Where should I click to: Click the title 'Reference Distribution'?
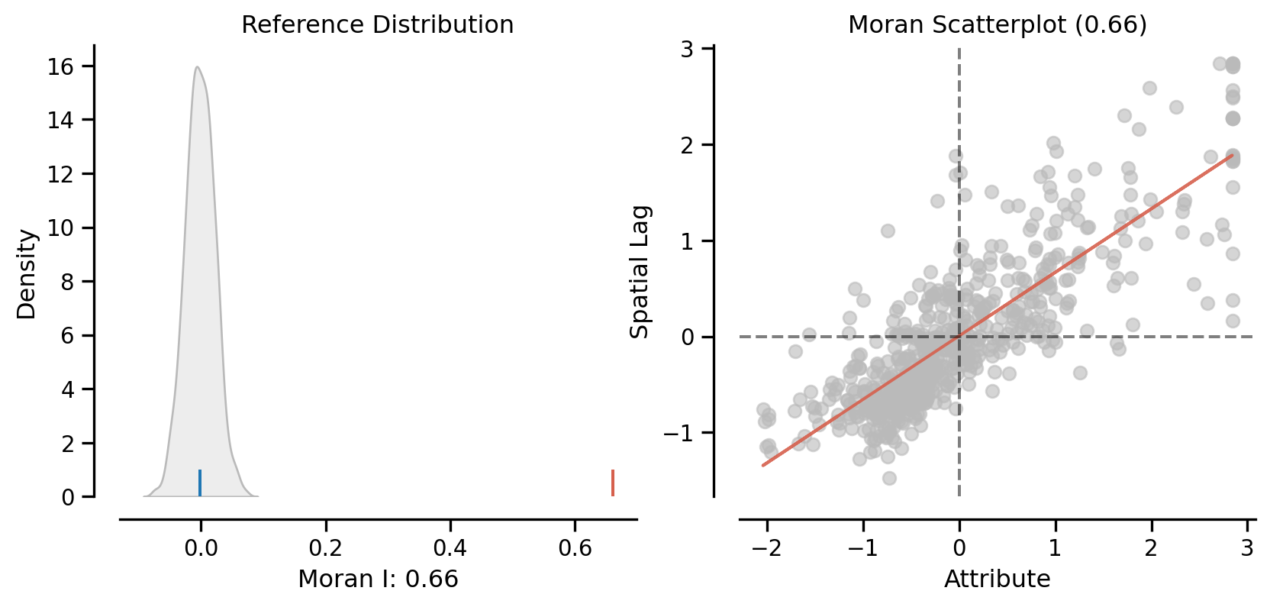377,24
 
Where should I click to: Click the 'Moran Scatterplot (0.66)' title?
997,24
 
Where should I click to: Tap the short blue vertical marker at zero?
200,483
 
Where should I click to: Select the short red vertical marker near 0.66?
612,483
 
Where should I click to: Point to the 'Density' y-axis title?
27,274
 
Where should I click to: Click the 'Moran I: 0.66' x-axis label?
378,579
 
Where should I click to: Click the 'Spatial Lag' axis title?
639,271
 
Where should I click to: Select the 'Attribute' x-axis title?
997,579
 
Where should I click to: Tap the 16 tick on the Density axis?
61,66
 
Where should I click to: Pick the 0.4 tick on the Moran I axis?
450,547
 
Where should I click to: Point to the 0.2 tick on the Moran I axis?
326,547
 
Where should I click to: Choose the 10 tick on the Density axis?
61,228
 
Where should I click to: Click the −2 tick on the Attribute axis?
766,547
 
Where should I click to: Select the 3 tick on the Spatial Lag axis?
688,49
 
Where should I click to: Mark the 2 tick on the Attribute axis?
1151,547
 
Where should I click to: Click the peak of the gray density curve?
197,67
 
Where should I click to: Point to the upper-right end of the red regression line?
1232,155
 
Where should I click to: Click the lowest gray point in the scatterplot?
889,478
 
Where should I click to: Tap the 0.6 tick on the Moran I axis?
575,547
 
